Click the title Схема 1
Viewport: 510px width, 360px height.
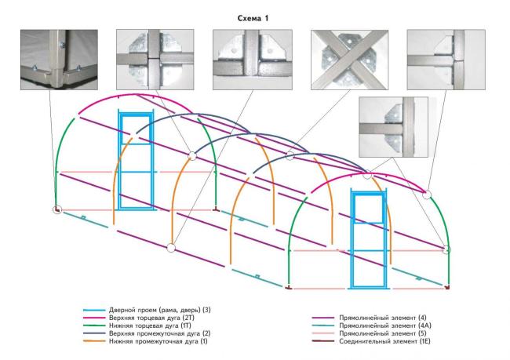(x=253, y=18)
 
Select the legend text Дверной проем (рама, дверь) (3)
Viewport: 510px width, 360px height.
(x=160, y=310)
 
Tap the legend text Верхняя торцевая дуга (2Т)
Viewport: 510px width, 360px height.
(x=151, y=318)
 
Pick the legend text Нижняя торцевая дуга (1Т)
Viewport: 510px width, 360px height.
(x=150, y=325)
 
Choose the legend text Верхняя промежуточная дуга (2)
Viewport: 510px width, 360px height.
(x=160, y=333)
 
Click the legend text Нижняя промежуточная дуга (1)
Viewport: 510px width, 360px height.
(x=158, y=341)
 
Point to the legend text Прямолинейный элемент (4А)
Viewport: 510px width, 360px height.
(x=385, y=325)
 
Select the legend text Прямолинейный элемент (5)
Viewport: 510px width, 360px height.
(x=383, y=333)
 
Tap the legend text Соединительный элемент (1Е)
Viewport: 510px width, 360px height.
(x=384, y=341)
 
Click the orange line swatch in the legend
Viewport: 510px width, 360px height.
(x=94, y=341)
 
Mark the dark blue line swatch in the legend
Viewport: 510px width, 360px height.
(x=94, y=333)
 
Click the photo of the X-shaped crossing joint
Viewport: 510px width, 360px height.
(x=349, y=60)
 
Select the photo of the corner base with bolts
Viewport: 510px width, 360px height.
(x=59, y=60)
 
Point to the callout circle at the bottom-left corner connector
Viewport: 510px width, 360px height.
(x=57, y=209)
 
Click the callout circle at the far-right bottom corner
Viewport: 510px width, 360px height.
(x=447, y=249)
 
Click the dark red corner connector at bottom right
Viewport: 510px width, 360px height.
(x=448, y=288)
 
